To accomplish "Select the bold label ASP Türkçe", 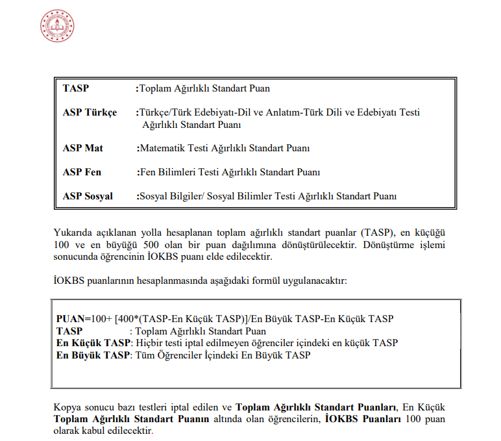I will (x=90, y=112).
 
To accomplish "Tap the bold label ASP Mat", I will (x=83, y=148).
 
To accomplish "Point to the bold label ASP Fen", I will (x=82, y=172).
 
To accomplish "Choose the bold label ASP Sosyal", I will (x=88, y=195).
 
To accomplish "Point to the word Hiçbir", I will (x=147, y=342).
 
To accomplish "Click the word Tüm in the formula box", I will (x=143, y=355).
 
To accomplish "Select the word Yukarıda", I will (x=73, y=233).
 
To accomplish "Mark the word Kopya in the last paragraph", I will (x=67, y=407).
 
